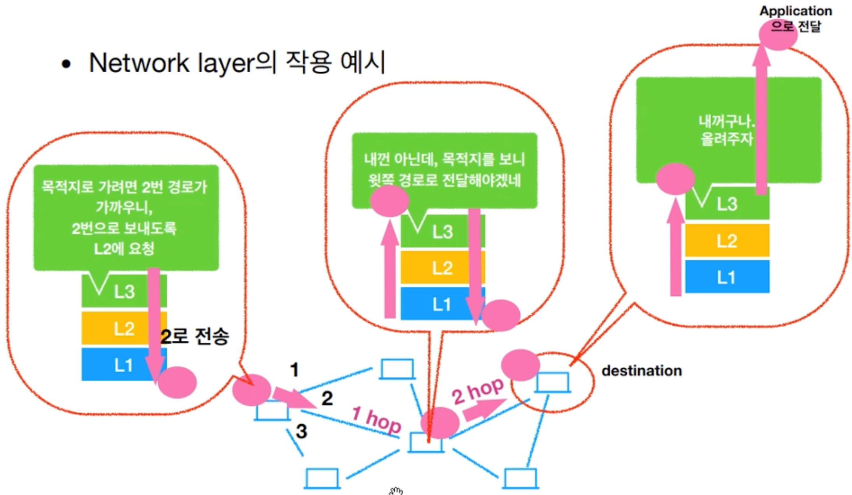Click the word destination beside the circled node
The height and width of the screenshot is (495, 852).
click(x=641, y=371)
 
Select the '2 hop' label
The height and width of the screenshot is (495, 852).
click(x=477, y=390)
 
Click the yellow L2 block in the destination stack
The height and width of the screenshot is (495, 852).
click(x=727, y=241)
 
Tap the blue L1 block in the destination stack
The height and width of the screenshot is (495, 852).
click(x=727, y=277)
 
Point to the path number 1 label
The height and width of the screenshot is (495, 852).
click(x=295, y=370)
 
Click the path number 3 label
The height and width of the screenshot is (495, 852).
click(x=301, y=431)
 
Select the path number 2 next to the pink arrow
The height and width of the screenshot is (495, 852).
click(x=327, y=398)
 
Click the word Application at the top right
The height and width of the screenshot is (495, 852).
click(x=796, y=11)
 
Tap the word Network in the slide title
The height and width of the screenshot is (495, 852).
click(x=139, y=63)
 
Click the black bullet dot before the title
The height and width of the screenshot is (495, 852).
click(x=66, y=64)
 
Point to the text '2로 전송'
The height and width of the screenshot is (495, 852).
click(x=195, y=336)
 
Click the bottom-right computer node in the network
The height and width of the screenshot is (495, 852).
click(x=520, y=478)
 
